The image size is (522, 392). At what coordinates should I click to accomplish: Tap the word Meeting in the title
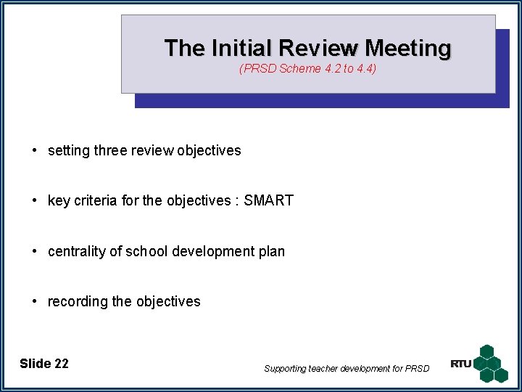[408, 49]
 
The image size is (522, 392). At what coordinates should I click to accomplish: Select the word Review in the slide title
[320, 49]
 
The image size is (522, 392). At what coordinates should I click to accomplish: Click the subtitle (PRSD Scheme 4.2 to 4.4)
[307, 69]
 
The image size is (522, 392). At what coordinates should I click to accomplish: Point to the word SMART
[268, 200]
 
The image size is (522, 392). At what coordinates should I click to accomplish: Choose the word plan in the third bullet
[271, 251]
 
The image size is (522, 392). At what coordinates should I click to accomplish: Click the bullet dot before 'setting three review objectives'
[35, 151]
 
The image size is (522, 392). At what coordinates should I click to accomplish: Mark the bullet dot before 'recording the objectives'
[35, 301]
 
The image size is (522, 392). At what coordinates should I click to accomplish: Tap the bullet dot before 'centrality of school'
[35, 251]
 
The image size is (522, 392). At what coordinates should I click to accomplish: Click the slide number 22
[61, 364]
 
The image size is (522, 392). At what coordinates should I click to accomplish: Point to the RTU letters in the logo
[461, 364]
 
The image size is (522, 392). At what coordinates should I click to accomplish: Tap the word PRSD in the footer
[417, 369]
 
